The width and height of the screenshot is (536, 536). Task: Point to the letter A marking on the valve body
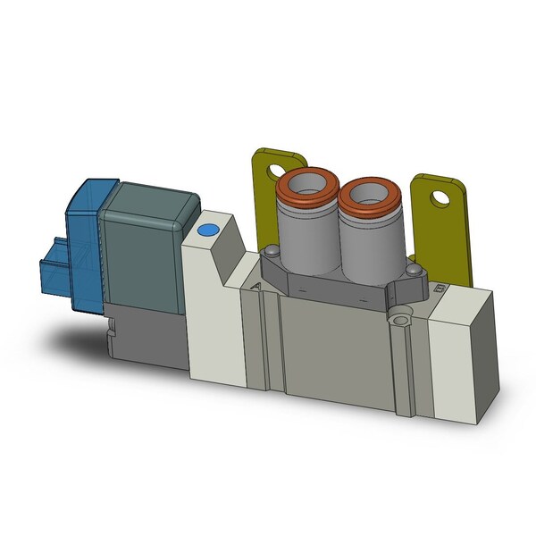click(x=257, y=288)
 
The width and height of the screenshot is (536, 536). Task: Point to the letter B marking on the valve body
click(x=438, y=288)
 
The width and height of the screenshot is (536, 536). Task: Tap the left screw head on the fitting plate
click(x=270, y=256)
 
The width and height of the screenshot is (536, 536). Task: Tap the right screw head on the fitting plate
click(x=411, y=270)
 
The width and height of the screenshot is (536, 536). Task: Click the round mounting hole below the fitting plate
click(x=398, y=314)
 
